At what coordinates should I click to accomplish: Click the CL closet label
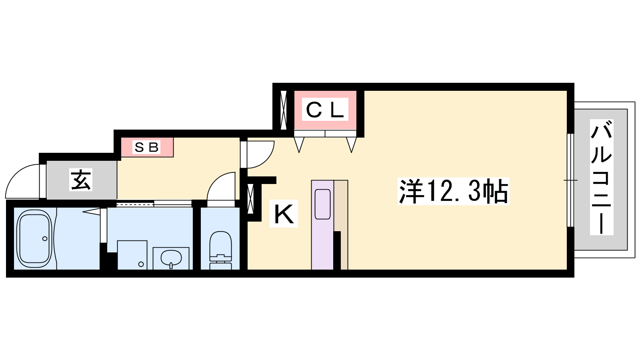pyautogui.click(x=325, y=110)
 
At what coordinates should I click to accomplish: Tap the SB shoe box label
pyautogui.click(x=146, y=147)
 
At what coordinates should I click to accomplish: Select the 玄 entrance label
pyautogui.click(x=81, y=180)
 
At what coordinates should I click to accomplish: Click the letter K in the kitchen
pyautogui.click(x=284, y=214)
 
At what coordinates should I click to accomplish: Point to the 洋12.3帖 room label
pyautogui.click(x=454, y=191)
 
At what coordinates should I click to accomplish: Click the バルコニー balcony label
pyautogui.click(x=602, y=177)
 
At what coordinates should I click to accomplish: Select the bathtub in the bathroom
pyautogui.click(x=34, y=238)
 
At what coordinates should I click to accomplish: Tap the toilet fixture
pyautogui.click(x=220, y=250)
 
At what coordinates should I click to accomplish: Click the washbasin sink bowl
pyautogui.click(x=171, y=258)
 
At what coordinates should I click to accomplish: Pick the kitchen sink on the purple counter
pyautogui.click(x=322, y=204)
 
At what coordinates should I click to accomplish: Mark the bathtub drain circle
pyautogui.click(x=44, y=238)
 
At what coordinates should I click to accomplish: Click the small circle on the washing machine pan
pyautogui.click(x=141, y=264)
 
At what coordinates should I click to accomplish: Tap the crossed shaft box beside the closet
pyautogui.click(x=284, y=110)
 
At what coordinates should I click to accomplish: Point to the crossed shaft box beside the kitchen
pyautogui.click(x=250, y=199)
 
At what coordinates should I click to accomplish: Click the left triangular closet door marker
pyautogui.click(x=299, y=145)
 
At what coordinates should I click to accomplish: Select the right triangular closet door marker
pyautogui.click(x=352, y=145)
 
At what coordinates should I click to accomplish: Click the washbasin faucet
pyautogui.click(x=171, y=266)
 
